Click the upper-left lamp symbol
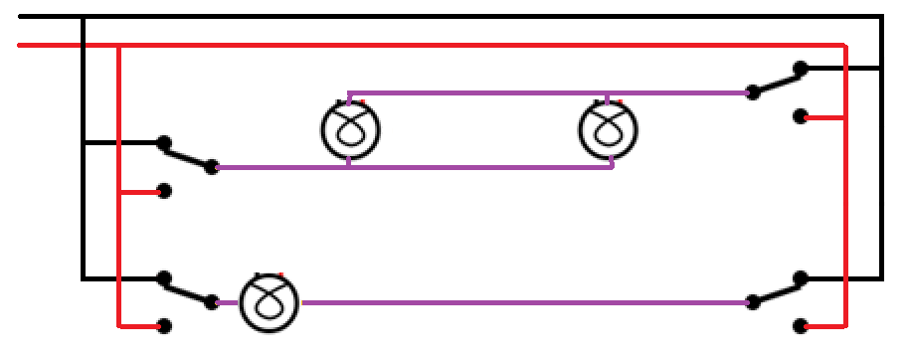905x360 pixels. click(x=351, y=129)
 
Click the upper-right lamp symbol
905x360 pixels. click(x=609, y=129)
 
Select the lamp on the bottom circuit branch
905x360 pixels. click(x=270, y=301)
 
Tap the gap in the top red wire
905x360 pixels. click(x=83, y=45)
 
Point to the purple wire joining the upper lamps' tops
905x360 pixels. click(x=477, y=93)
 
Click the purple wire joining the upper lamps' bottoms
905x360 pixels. click(x=477, y=167)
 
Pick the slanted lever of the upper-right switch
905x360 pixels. click(x=778, y=81)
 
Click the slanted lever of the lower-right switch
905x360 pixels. click(x=778, y=289)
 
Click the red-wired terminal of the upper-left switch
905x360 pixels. click(x=165, y=190)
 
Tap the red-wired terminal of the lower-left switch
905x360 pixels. click(x=165, y=325)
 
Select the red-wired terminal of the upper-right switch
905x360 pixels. click(x=800, y=117)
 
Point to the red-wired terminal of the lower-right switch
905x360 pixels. click(x=800, y=325)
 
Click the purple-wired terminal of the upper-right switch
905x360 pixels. click(x=755, y=93)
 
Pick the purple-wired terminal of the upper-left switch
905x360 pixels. click(x=211, y=167)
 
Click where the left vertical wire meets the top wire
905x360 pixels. click(x=118, y=46)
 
